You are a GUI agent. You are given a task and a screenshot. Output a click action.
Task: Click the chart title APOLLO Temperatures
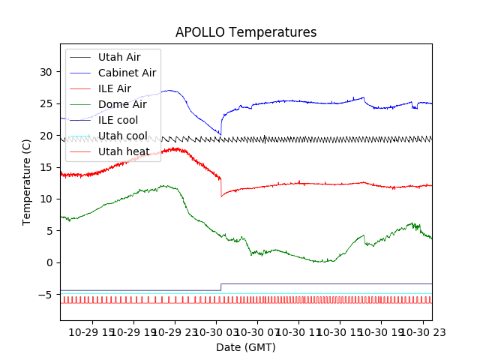[x=246, y=32]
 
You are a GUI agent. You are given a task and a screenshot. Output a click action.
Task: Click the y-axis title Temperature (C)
[x=27, y=181]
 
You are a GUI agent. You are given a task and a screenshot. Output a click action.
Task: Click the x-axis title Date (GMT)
[x=246, y=347]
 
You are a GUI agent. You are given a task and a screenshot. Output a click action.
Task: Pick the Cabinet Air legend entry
[x=127, y=73]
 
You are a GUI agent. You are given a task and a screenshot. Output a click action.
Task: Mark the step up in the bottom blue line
[x=221, y=287]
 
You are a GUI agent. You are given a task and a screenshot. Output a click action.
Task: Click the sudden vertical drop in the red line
[x=221, y=187]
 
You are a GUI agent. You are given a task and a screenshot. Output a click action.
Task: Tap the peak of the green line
[x=163, y=185]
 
